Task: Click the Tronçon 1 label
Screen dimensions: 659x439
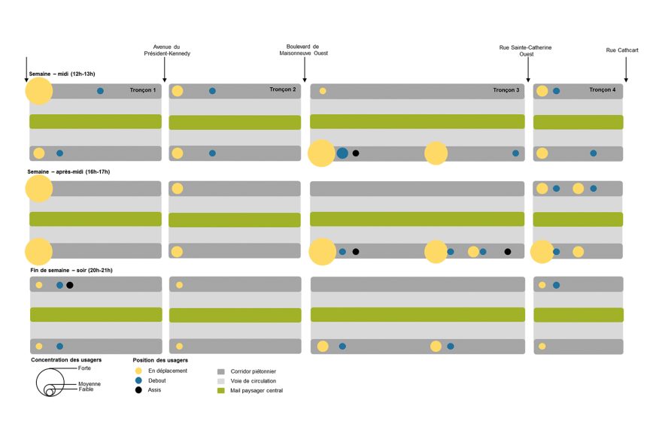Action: [143, 90]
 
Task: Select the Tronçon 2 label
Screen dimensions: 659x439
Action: [282, 89]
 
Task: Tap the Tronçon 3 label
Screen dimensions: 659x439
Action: [506, 90]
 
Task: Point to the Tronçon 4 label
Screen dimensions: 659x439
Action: [603, 89]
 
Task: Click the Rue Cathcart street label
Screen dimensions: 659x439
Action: [622, 50]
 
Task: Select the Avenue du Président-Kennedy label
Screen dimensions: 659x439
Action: [167, 50]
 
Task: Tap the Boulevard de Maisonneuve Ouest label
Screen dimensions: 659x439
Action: [303, 50]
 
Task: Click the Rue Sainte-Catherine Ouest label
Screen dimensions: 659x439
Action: [525, 51]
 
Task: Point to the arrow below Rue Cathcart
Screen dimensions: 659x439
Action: [626, 69]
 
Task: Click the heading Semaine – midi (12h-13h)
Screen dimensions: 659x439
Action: [62, 74]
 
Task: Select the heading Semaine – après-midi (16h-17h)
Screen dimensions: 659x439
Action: [68, 172]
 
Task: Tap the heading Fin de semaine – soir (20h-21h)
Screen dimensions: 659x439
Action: [71, 270]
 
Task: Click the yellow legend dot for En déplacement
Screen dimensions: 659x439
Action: [138, 371]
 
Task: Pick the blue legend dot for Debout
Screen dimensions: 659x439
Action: [138, 380]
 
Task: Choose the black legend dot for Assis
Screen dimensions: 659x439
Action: [138, 390]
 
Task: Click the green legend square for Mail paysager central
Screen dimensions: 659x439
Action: [221, 391]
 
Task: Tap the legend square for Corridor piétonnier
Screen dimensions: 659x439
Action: [221, 371]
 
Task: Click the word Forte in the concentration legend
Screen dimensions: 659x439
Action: [84, 368]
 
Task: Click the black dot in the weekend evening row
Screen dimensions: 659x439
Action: [70, 285]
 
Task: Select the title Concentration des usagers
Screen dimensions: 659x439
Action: [66, 360]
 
